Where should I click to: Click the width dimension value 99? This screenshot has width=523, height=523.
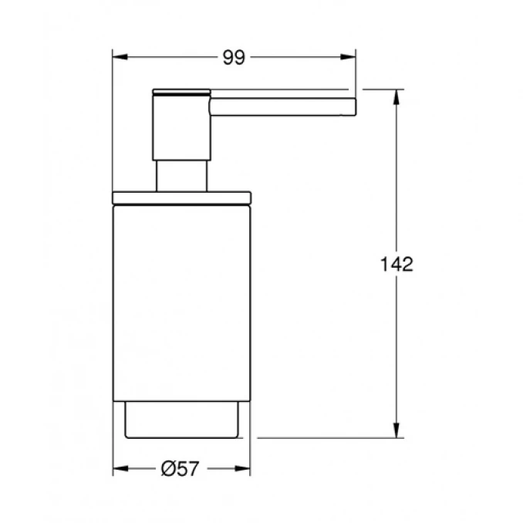[x=234, y=57]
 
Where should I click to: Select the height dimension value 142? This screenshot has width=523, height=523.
[x=396, y=264]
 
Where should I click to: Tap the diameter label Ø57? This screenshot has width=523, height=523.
[x=180, y=469]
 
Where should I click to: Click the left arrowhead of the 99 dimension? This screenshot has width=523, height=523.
[x=120, y=57]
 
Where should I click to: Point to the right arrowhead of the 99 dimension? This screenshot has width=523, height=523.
[x=348, y=57]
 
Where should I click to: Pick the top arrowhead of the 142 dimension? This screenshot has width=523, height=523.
[x=396, y=97]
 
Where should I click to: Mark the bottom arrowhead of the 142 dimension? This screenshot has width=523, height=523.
[x=396, y=430]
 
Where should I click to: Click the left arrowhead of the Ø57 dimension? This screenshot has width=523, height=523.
[x=120, y=469]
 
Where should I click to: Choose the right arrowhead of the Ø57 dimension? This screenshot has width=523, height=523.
[x=242, y=469]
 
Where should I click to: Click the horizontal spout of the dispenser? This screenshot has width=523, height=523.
[x=283, y=106]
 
